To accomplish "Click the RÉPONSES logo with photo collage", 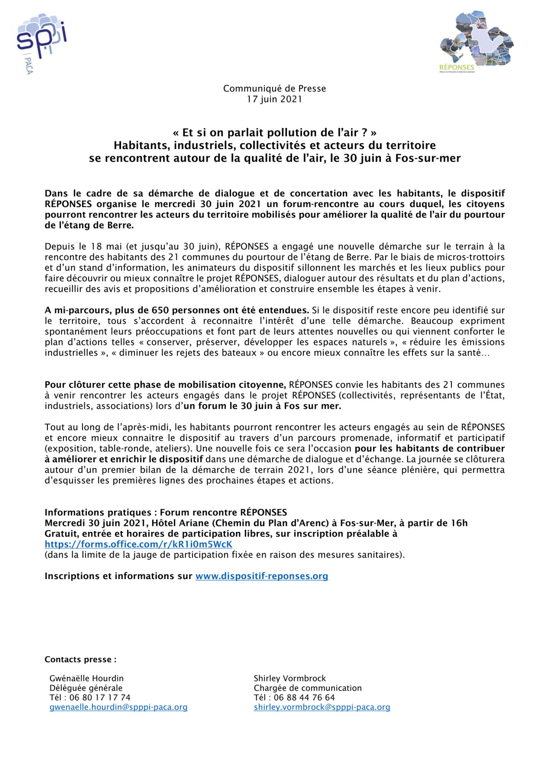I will tap(476, 42).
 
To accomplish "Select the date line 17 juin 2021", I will tap(274, 99).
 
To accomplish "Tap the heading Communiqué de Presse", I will tap(274, 88).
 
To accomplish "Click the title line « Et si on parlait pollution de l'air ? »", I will tap(274, 132).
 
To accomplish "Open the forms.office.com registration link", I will tap(139, 544).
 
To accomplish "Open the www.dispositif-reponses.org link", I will tap(261, 576).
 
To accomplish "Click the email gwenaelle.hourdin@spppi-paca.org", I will tap(118, 707).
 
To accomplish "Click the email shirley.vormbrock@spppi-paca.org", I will tap(322, 707).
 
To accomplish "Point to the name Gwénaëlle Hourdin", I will tap(87, 679).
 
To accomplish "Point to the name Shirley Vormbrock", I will tap(290, 679).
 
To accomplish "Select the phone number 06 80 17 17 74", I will tap(100, 698).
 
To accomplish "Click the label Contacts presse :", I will tap(80, 660).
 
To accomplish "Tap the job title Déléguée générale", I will tap(86, 688).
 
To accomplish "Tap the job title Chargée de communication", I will tap(308, 688).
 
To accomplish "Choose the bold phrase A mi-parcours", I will tap(77, 310).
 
